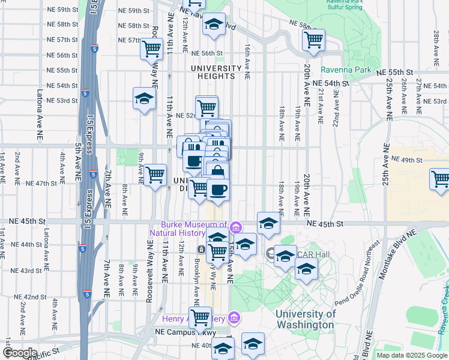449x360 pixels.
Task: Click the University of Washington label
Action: [x=305, y=319]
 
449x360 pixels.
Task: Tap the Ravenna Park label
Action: [x=346, y=70]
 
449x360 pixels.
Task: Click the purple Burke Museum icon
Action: [x=236, y=227]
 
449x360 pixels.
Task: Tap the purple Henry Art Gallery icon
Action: [x=235, y=317]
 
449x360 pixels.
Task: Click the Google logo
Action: [x=20, y=353]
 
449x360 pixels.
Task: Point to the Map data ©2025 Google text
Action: [x=411, y=355]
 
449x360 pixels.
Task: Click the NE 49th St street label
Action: [x=407, y=160]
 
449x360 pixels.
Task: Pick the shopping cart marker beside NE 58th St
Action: [x=313, y=40]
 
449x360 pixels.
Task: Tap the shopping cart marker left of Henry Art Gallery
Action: [x=200, y=317]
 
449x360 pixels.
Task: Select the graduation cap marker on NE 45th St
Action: [x=268, y=223]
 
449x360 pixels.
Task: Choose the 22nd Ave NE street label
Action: [x=337, y=108]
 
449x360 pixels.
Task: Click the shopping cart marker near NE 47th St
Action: [x=155, y=175]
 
